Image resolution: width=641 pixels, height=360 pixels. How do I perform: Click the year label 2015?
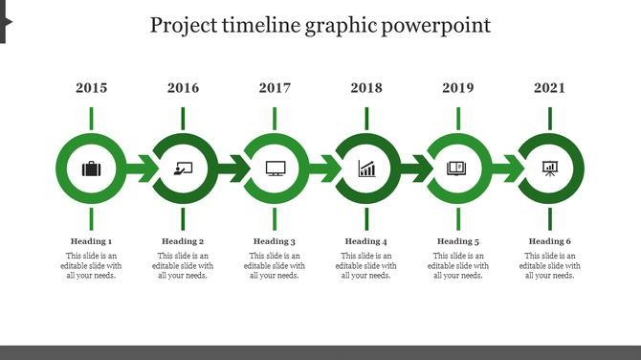tap(91, 88)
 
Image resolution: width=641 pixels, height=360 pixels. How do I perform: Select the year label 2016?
tap(183, 88)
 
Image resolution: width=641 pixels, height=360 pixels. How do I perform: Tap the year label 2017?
tap(275, 88)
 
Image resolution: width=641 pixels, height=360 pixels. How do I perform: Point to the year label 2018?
tap(366, 88)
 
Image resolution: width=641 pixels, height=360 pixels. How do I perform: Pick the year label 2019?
tap(458, 88)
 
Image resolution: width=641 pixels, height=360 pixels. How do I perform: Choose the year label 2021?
tap(550, 88)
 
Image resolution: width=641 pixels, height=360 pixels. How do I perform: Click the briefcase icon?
tap(91, 169)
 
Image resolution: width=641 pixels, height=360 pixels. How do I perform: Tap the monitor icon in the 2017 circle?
tap(275, 169)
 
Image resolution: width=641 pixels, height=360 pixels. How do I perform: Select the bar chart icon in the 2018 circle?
tap(366, 169)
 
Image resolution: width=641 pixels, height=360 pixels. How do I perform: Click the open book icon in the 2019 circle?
tap(458, 169)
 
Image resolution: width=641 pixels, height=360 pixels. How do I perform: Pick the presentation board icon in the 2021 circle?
tap(550, 169)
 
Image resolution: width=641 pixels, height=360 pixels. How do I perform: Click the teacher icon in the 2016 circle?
tap(183, 169)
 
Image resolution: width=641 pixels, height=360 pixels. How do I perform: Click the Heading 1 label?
tap(91, 241)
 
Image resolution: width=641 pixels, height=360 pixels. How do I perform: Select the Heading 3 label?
tap(275, 241)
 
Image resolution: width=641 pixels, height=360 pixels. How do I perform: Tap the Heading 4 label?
tap(366, 241)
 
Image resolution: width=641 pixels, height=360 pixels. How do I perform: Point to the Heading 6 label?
tap(550, 241)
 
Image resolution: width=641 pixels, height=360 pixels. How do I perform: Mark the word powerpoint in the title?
tap(435, 26)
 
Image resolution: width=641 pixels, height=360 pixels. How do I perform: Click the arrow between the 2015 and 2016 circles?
tap(140, 170)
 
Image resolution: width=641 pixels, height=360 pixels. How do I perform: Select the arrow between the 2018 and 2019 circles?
tap(415, 170)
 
